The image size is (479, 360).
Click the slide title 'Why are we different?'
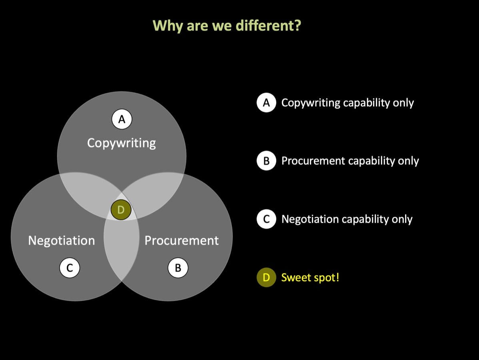click(x=227, y=26)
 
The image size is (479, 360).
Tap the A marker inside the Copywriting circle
click(x=122, y=119)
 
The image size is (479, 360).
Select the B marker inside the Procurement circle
click(x=178, y=268)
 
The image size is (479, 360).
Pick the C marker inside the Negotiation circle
click(x=70, y=268)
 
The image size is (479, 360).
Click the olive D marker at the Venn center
click(x=121, y=210)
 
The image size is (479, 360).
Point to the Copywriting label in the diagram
click(x=122, y=143)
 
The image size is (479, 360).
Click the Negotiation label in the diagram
click(x=62, y=240)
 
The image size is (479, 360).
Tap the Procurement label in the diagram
click(x=182, y=240)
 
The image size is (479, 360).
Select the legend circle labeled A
click(x=266, y=103)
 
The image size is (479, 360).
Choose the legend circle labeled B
click(x=266, y=161)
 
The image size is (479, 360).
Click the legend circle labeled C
click(x=266, y=219)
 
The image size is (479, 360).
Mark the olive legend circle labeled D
click(x=266, y=277)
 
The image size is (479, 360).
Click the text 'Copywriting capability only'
click(x=347, y=103)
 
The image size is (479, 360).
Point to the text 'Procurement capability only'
click(x=350, y=161)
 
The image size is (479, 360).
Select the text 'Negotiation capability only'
click(x=347, y=219)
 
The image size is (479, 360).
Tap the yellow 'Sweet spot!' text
click(x=310, y=277)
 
